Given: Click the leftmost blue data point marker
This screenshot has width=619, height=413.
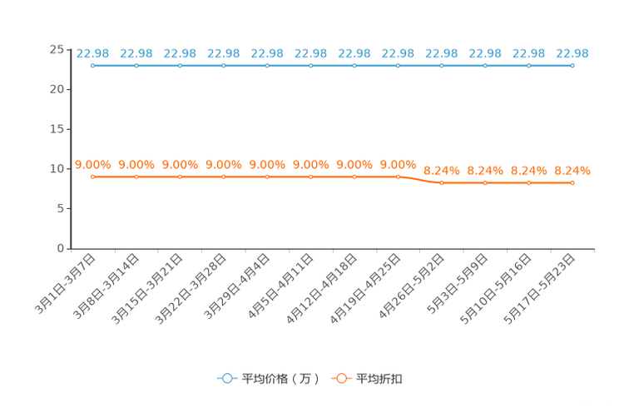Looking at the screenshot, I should [93, 65].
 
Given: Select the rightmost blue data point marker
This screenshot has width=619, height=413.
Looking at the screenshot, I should [572, 65].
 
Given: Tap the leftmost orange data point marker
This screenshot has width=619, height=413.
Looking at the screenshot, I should [93, 177].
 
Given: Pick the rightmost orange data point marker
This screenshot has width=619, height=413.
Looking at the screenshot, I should [572, 182].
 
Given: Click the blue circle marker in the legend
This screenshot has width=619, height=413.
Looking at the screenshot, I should [226, 378].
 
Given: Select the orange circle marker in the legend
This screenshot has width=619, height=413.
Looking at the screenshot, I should [341, 378].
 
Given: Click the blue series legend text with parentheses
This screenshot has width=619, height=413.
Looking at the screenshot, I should [280, 379].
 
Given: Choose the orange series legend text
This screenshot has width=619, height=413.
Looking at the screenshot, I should [381, 379].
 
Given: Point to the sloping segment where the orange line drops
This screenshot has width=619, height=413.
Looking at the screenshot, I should [420, 180].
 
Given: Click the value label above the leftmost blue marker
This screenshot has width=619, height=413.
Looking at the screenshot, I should [93, 53].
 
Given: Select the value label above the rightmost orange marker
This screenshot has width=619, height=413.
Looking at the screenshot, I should [572, 171].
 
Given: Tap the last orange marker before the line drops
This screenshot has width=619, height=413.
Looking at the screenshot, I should [399, 177].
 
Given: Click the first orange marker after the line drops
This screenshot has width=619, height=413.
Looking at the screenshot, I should [442, 182].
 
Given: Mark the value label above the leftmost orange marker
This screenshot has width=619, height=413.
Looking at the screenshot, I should [93, 164].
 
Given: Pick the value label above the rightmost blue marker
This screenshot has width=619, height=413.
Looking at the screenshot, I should [572, 53].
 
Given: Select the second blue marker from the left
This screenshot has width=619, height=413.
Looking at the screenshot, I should [136, 65].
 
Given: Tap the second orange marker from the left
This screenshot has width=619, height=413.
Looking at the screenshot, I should [136, 177].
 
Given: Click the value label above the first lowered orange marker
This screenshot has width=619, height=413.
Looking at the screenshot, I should [442, 171].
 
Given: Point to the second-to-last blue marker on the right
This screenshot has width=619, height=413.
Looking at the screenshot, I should [529, 65].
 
